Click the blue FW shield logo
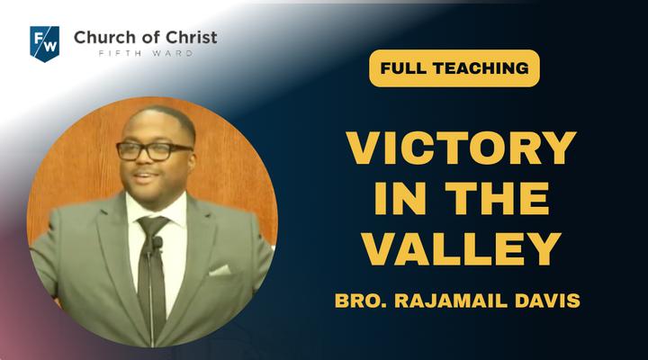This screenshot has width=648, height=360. [45, 43]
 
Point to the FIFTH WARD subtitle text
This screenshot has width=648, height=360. [146, 53]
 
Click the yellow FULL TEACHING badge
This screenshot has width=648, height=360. [454, 68]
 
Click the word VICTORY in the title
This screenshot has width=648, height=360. [461, 148]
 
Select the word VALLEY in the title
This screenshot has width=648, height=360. [461, 248]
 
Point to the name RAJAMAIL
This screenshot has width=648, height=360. [451, 301]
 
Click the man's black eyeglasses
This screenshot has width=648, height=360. [154, 151]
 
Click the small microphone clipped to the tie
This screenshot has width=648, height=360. [157, 243]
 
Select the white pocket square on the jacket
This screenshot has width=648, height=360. [220, 270]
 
